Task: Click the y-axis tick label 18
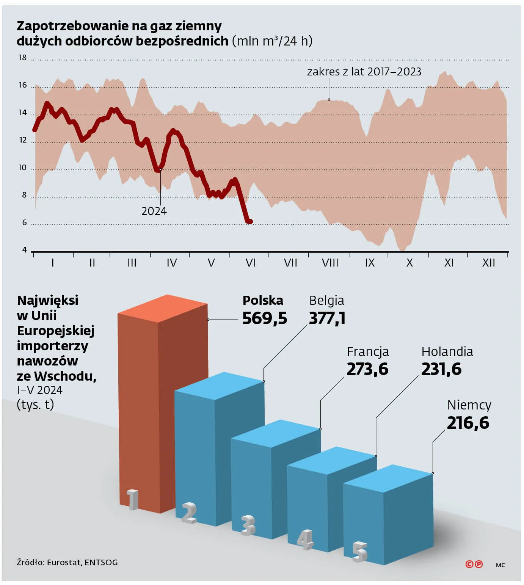pos(23,58)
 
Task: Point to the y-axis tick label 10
pos(23,168)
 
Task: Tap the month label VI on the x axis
pos(251,263)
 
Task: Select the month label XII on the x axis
pos(488,263)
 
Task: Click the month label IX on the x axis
pos(370,263)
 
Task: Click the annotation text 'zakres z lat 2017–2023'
pos(364,72)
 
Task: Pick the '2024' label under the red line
pos(154,211)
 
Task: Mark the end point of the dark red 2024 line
pos(251,221)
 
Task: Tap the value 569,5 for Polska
pos(265,318)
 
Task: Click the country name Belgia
pos(327,301)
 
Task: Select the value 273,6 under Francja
pos(367,369)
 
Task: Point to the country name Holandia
pos(447,352)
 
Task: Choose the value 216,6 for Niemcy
pos(468,423)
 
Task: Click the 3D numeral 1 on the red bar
pos(133,500)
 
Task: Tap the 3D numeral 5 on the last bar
pos(360,552)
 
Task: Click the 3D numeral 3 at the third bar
pos(248,525)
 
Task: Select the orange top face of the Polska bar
pos(163,308)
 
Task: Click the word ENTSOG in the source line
pos(101,563)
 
